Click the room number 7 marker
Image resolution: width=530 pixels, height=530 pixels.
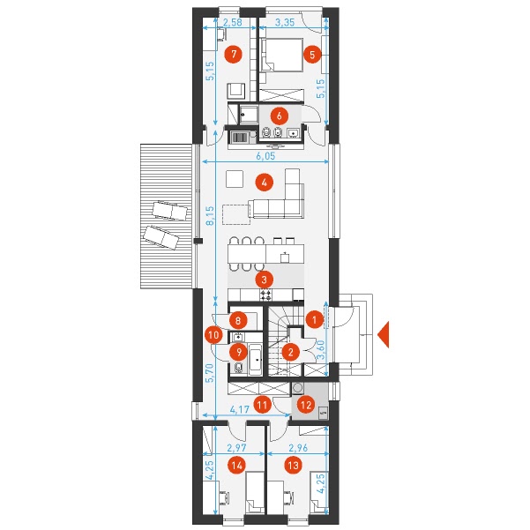(x=235, y=54)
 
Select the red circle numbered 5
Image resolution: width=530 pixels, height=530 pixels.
(x=312, y=54)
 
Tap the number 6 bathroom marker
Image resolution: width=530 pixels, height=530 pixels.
(x=280, y=116)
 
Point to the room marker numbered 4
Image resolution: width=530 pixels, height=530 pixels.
(x=265, y=183)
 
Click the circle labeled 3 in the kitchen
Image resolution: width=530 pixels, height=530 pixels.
(x=265, y=280)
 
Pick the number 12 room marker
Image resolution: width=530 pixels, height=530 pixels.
(x=306, y=405)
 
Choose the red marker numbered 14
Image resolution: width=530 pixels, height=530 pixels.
(x=237, y=466)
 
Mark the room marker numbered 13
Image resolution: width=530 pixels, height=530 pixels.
(x=293, y=466)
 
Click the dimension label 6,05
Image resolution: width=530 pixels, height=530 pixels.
(x=265, y=156)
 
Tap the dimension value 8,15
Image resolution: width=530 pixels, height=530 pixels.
(x=210, y=216)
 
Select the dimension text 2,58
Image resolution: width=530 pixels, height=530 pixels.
(x=233, y=23)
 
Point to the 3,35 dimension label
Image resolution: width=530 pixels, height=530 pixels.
(x=285, y=23)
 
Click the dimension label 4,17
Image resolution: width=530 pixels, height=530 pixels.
(x=239, y=409)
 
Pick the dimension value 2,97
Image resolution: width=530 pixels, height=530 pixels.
(x=236, y=447)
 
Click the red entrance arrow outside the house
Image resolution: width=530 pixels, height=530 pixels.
(x=384, y=334)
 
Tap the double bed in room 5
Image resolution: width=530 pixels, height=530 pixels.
(x=281, y=55)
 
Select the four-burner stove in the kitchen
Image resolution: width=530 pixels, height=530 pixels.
(x=265, y=295)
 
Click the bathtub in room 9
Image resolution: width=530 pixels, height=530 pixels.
(x=256, y=359)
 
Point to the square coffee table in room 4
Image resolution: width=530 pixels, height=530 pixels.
(x=235, y=179)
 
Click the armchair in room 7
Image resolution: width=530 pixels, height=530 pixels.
(x=235, y=91)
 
